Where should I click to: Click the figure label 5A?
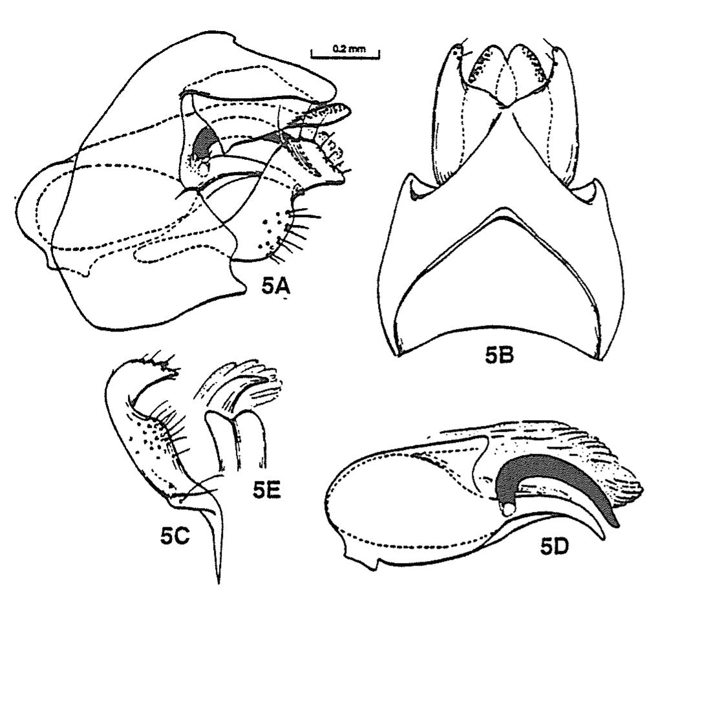pos(275,286)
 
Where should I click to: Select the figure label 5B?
pos(500,355)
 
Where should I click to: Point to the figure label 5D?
pos(554,547)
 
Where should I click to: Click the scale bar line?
pos(345,58)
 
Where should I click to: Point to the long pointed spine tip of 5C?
pos(218,582)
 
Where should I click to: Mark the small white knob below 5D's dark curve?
pos(509,510)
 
